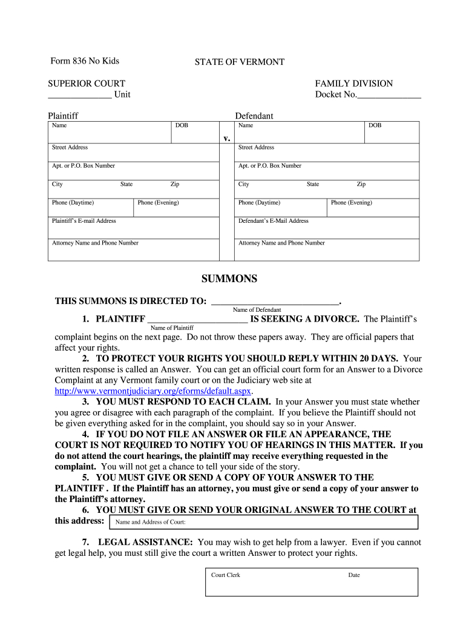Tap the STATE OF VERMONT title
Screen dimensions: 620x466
239,62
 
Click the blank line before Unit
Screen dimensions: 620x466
79,96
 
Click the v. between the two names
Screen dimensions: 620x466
227,138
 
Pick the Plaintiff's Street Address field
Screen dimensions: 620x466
133,153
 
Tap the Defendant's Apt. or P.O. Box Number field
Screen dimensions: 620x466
326,171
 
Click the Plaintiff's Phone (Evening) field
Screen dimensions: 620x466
176,208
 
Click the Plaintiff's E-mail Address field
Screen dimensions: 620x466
133,228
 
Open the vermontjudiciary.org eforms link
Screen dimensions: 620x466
153,391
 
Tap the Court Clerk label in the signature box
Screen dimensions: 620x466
226,575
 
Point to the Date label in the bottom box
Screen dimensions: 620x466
354,575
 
